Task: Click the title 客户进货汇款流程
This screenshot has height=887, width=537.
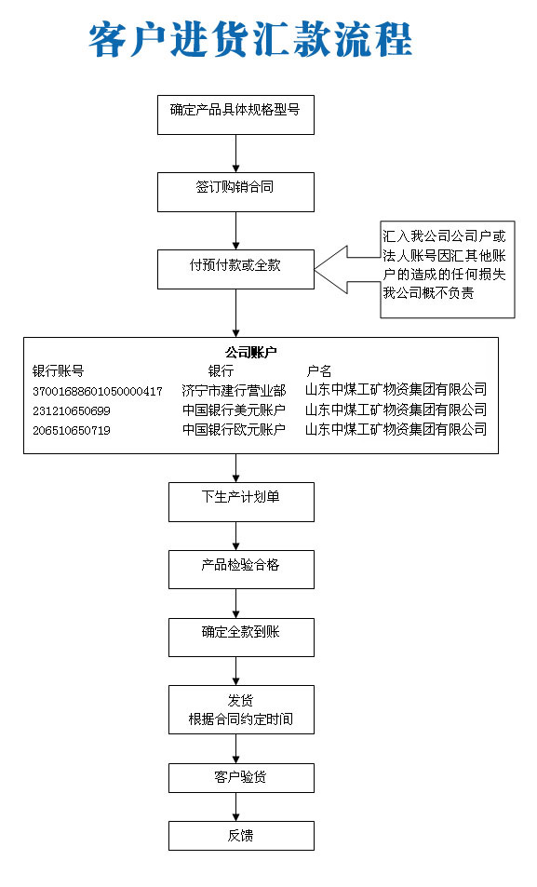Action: [x=250, y=40]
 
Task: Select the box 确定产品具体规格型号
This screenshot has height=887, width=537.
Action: [x=235, y=114]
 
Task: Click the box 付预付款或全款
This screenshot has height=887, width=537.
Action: [x=235, y=268]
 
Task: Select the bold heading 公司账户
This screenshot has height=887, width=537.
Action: [x=250, y=352]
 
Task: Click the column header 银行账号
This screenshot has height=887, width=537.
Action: [x=58, y=370]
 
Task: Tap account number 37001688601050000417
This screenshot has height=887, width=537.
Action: [x=97, y=391]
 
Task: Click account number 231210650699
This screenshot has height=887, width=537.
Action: [x=71, y=410]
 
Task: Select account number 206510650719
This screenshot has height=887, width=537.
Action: [x=71, y=430]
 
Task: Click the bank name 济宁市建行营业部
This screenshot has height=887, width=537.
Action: [x=234, y=391]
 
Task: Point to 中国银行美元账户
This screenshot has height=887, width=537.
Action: [x=234, y=410]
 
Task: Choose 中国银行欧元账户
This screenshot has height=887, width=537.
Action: [x=234, y=430]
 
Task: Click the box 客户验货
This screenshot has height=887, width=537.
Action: [x=240, y=777]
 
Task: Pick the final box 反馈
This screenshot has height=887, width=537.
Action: [x=240, y=835]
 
